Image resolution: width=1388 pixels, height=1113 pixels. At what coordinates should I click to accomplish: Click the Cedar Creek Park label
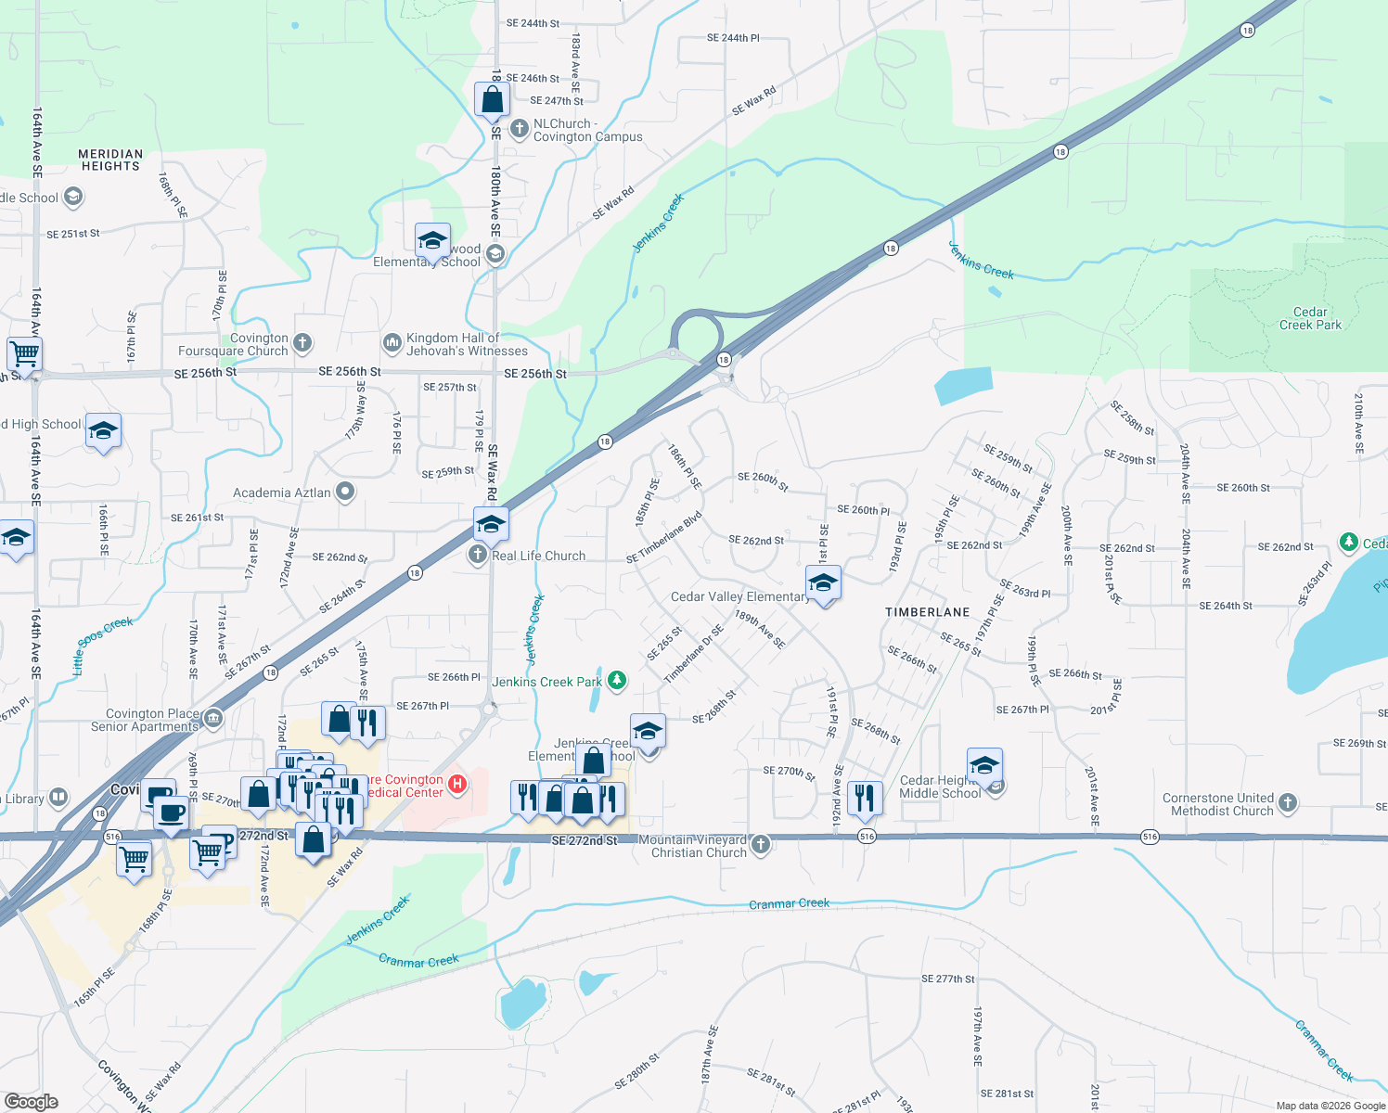1310,318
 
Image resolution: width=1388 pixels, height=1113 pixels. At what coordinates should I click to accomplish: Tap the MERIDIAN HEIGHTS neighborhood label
110,160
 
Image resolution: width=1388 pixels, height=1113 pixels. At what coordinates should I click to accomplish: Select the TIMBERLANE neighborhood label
927,612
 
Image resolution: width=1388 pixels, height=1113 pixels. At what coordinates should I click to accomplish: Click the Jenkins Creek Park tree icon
616,682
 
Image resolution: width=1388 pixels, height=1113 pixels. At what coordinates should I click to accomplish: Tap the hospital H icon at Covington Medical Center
456,785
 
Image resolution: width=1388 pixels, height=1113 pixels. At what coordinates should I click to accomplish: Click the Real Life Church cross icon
477,555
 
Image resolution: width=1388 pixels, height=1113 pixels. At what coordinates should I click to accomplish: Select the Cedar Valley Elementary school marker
823,584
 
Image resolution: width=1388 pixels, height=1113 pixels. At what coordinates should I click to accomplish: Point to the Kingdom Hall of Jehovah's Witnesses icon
392,343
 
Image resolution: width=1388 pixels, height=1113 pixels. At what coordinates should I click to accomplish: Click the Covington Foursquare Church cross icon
302,343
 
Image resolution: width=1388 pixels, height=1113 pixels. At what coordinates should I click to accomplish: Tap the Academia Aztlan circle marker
345,492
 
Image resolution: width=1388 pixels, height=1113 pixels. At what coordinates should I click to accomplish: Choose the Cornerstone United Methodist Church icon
1287,803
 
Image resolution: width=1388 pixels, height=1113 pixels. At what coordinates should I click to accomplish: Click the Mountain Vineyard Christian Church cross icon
761,844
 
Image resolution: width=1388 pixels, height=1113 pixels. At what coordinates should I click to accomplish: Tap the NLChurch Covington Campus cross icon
520,128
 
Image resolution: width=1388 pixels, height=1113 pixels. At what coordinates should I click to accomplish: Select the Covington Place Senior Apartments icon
213,719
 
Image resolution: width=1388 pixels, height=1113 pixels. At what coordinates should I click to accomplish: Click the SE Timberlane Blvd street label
663,538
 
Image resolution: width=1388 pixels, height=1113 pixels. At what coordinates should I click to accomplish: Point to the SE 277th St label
947,979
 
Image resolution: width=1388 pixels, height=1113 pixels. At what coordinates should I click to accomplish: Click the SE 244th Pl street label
733,38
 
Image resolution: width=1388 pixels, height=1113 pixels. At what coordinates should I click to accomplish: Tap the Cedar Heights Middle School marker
984,767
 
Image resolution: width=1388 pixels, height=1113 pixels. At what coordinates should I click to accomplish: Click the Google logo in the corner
31,1101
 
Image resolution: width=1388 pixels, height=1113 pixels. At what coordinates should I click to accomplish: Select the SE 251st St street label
73,234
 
